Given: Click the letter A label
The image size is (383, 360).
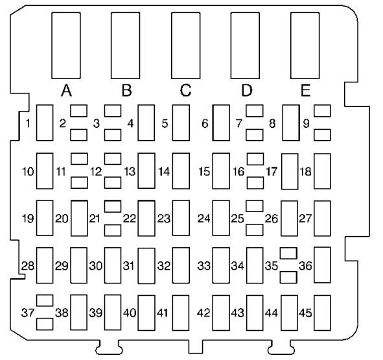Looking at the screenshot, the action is [66, 91].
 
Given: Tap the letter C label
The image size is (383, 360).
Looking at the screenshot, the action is [185, 90].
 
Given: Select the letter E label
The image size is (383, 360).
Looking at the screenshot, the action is [305, 91].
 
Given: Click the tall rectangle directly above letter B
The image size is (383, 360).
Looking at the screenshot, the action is [126, 45].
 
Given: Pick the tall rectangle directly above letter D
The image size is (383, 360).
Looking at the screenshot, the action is [245, 45].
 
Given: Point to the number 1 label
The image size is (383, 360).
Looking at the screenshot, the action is [28, 123].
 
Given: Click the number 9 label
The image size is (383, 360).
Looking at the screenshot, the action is [306, 123].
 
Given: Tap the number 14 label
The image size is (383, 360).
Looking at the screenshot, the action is [164, 171].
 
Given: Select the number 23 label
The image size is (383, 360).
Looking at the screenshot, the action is [164, 219].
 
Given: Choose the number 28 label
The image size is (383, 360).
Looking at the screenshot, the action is [28, 265].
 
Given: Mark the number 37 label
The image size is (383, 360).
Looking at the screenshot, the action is [28, 313].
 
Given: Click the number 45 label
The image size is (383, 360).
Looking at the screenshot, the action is [305, 313].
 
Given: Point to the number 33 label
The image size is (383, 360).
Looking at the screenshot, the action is [203, 265].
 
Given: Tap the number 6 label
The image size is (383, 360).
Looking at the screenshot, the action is [205, 123].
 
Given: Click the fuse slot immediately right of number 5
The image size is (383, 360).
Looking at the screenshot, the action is [181, 123].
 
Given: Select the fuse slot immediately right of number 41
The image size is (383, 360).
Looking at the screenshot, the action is [181, 313].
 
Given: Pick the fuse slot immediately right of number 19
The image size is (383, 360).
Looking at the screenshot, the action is [45, 218].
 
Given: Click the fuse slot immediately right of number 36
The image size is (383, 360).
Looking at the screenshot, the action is [322, 265].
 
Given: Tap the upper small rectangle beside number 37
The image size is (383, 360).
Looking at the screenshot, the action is [45, 300].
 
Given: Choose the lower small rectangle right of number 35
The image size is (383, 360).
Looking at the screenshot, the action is [289, 277].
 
